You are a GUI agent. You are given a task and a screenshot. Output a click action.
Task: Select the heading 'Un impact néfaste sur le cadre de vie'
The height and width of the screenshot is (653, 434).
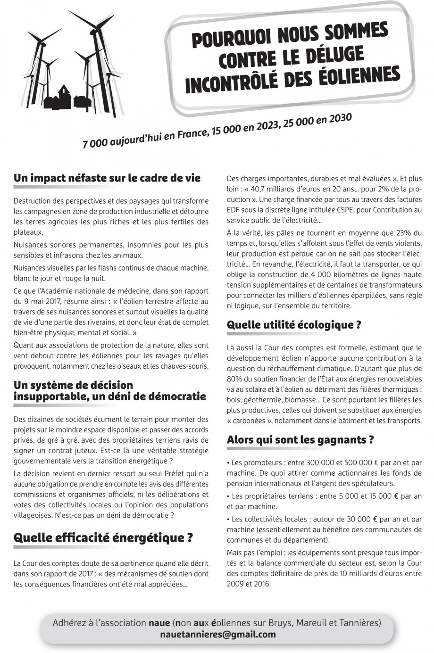pyautogui.click(x=107, y=178)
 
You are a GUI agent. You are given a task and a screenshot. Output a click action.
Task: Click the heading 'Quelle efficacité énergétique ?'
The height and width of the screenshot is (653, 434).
pyautogui.click(x=103, y=537)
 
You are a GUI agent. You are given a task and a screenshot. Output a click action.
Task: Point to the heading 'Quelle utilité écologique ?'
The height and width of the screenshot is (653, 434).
pyautogui.click(x=294, y=325)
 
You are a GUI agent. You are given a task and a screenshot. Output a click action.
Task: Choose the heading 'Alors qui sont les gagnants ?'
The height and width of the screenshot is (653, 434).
pyautogui.click(x=300, y=440)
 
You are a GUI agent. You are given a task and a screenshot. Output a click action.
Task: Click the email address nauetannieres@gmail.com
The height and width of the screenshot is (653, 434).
pyautogui.click(x=218, y=635)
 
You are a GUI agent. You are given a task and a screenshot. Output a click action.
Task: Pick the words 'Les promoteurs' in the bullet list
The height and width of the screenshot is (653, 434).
pyautogui.click(x=255, y=463)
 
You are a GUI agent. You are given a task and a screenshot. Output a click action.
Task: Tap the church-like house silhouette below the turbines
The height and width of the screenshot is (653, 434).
pyautogui.click(x=64, y=96)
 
